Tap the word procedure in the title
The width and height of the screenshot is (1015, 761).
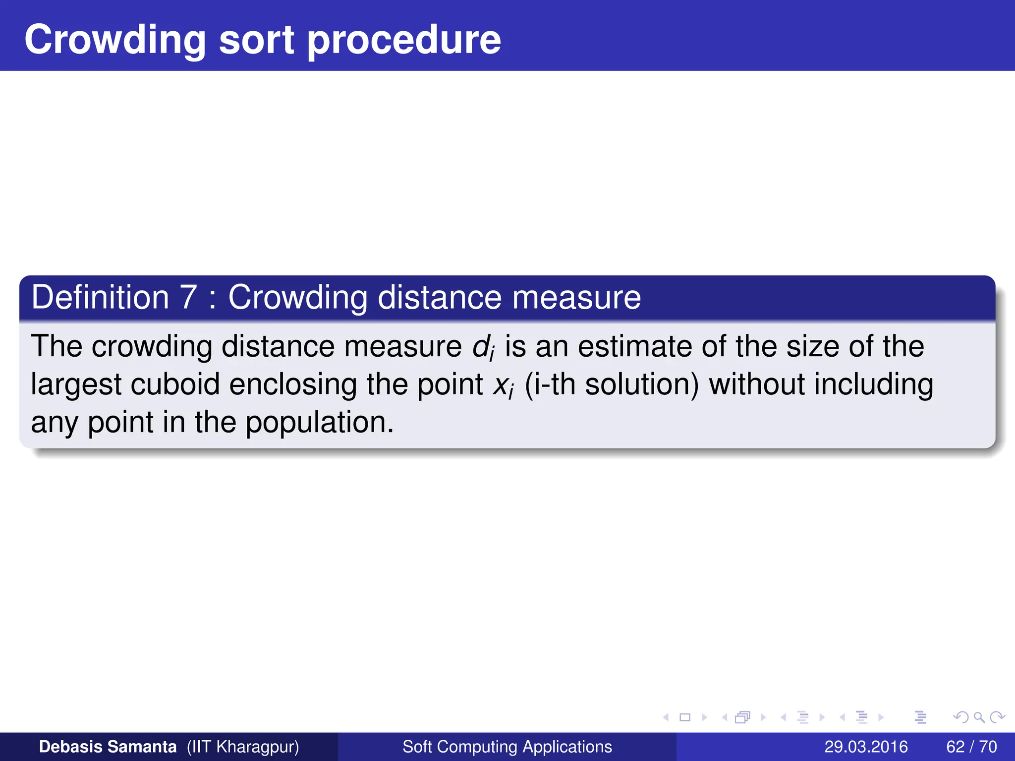click(x=404, y=41)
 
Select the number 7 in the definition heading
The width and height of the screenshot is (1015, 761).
click(x=188, y=297)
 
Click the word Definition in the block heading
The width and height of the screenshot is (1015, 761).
click(x=101, y=297)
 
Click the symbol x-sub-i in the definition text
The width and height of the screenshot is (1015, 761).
click(x=504, y=385)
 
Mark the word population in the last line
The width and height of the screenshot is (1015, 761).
click(x=319, y=423)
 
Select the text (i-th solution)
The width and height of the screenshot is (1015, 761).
click(x=612, y=384)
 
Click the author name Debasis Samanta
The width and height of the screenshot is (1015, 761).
click(x=108, y=747)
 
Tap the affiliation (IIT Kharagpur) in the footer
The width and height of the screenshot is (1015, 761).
click(x=243, y=747)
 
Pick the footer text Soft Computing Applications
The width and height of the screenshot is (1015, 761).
click(x=507, y=747)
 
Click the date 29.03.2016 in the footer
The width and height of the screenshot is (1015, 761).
click(x=866, y=747)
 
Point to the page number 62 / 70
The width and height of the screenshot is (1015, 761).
click(x=971, y=747)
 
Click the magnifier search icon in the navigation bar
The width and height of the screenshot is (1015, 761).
click(x=979, y=717)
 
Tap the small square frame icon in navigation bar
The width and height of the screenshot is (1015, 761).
click(x=685, y=717)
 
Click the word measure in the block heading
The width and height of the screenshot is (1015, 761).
click(x=576, y=297)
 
